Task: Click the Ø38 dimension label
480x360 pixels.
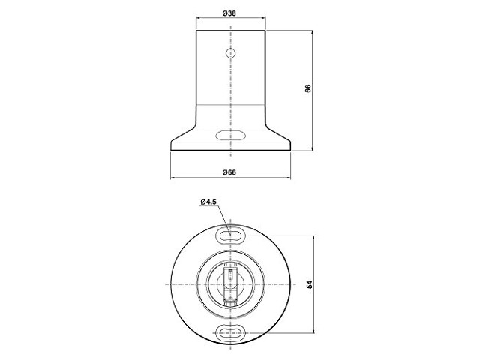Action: pos(229,13)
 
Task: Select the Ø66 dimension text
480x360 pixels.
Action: pos(229,172)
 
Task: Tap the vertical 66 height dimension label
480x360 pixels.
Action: pos(308,88)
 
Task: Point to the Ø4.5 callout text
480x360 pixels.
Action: pos(208,202)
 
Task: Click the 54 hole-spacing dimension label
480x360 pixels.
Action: pos(310,284)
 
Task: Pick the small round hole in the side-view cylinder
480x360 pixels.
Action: pos(230,53)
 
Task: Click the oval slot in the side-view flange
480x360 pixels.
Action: pos(230,135)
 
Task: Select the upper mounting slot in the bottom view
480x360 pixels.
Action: pos(230,235)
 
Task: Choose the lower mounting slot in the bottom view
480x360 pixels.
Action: pos(230,332)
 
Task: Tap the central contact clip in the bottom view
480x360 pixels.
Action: pos(230,283)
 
